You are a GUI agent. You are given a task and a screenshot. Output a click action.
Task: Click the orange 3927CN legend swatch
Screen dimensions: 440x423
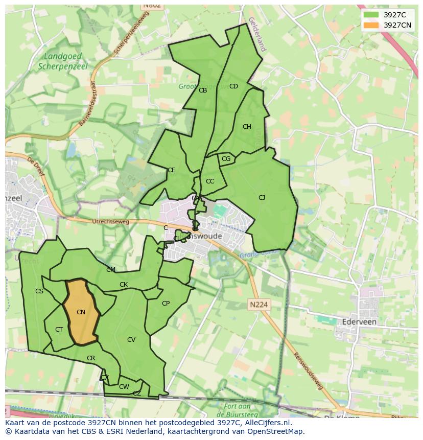[371, 25]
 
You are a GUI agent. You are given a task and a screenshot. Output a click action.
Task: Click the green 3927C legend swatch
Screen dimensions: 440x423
[371, 15]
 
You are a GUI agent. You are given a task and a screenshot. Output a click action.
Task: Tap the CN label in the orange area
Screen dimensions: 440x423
[81, 312]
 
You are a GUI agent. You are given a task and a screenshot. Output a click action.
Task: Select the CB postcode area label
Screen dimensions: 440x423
[203, 90]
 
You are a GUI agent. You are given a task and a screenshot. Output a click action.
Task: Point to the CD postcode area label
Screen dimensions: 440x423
[233, 86]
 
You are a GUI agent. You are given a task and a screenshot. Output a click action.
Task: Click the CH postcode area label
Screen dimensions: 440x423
[247, 127]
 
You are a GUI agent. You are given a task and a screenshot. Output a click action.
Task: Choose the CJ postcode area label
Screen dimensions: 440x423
[262, 198]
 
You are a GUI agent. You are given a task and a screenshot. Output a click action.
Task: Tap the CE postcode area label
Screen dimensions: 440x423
[172, 170]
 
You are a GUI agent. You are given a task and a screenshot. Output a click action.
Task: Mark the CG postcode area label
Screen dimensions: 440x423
[226, 159]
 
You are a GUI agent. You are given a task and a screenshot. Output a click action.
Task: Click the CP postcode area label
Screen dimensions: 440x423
[166, 304]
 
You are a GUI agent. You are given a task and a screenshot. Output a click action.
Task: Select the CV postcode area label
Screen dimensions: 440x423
[131, 340]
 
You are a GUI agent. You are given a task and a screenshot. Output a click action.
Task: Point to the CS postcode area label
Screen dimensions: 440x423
[39, 291]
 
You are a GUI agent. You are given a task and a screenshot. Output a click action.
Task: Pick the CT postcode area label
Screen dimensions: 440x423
[59, 330]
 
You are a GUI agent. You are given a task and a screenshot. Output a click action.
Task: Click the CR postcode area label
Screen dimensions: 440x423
[91, 358]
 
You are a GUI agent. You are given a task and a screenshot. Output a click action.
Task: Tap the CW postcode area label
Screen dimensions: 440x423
[124, 387]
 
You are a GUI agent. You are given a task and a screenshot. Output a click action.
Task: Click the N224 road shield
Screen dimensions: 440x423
[259, 305]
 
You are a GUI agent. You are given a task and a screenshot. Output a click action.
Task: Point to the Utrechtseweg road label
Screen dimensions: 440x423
[111, 222]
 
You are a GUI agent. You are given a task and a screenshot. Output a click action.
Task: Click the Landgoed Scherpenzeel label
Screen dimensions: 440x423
[63, 61]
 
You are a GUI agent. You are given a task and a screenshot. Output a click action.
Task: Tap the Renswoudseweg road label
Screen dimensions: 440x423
[309, 370]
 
